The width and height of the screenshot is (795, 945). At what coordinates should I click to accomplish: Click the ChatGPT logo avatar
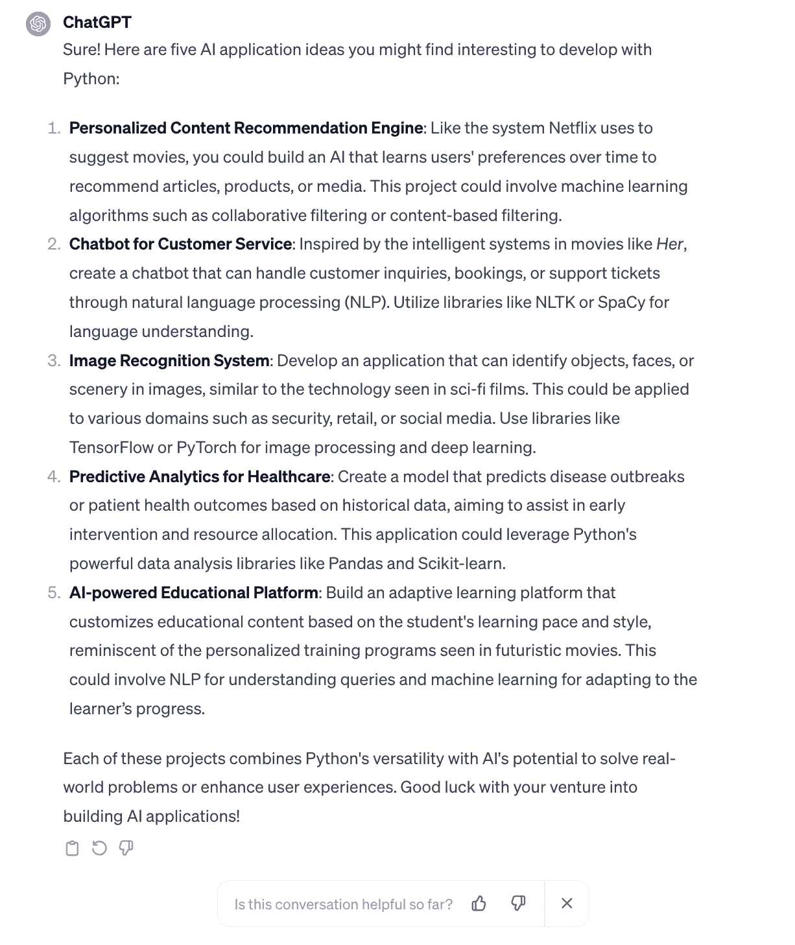pos(38,24)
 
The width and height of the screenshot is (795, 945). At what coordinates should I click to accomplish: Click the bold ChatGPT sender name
pos(97,22)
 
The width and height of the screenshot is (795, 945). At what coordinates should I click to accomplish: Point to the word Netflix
pos(572,128)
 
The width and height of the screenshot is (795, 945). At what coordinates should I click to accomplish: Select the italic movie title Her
pos(669,244)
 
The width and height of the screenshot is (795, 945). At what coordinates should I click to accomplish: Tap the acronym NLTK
pos(555,302)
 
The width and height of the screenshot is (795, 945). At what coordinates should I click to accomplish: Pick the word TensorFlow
pos(112,447)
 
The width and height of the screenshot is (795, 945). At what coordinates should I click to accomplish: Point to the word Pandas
pos(355,563)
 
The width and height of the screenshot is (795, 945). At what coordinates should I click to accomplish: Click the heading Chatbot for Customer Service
pos(180,244)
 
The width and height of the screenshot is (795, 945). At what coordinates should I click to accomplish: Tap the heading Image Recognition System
pos(169,360)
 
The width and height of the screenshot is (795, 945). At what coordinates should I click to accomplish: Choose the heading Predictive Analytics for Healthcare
pos(200,476)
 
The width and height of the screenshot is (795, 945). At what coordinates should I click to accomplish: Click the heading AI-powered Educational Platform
pos(194,592)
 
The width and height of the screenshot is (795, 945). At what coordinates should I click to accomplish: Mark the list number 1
pos(53,128)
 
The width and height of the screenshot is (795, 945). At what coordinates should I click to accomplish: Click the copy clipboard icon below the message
pos(73,848)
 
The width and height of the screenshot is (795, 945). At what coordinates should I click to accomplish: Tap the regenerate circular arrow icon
pos(99,848)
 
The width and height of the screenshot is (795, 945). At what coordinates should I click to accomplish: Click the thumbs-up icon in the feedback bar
pos(479,904)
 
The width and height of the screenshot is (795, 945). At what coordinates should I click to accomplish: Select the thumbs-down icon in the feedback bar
pos(518,904)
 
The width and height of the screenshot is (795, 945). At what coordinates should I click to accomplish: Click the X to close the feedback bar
pos(567,904)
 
